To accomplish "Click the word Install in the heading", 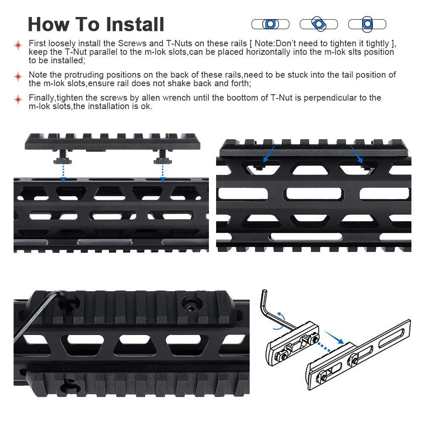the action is tap(135, 24).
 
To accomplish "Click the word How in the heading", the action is tap(49, 24).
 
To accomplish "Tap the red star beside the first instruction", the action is tap(18, 45).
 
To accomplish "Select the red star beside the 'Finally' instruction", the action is tap(18, 100).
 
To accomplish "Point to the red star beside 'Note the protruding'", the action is tap(18, 77).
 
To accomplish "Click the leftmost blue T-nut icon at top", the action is tap(270, 24).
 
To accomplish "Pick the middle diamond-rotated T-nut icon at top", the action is tap(319, 24).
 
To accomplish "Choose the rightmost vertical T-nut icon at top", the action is tap(367, 24).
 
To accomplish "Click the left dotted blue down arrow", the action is tap(63, 170).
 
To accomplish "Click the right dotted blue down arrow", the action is tap(162, 170).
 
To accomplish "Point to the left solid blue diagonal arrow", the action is tap(270, 154).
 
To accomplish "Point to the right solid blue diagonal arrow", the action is tap(357, 154).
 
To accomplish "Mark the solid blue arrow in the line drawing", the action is tap(334, 338).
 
